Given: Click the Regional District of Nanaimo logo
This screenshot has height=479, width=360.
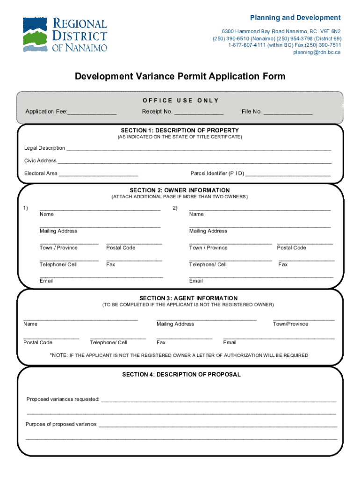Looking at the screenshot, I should (x=65, y=35).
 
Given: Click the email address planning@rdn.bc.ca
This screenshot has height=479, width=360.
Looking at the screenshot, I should (x=317, y=52).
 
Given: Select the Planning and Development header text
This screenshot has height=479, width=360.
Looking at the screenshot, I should (x=295, y=18).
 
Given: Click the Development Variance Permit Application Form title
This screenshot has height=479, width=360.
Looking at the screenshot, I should (x=180, y=76).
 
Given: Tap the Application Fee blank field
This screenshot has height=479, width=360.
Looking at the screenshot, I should (x=92, y=112).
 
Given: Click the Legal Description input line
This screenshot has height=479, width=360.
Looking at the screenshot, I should (x=199, y=149).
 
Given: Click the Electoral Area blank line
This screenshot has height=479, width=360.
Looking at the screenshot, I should (x=99, y=174).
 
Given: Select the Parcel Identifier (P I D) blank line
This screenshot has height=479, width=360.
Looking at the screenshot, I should (x=288, y=174).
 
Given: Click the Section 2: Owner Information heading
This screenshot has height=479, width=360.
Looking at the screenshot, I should (x=180, y=190).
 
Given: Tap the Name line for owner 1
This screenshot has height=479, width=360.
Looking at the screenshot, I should (x=100, y=209).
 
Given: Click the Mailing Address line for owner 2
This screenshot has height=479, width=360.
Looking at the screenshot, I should (x=260, y=226).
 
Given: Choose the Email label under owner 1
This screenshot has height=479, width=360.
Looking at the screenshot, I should (x=46, y=281).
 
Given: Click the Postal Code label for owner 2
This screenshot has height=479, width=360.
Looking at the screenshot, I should (x=291, y=248).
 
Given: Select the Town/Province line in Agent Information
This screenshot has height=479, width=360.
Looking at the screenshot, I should (x=303, y=319).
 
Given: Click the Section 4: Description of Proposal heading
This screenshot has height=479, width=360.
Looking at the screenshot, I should (x=181, y=375).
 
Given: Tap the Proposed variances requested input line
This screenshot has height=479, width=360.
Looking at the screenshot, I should (x=218, y=400).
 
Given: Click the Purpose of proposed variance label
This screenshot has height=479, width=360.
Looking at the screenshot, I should (x=61, y=424).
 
